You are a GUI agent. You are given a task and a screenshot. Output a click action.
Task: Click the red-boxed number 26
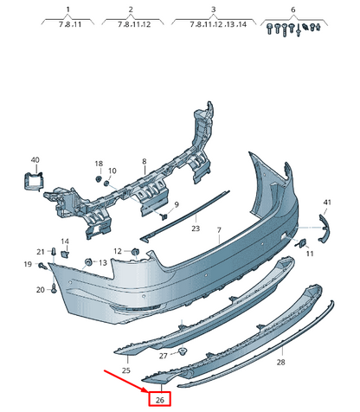point(159,399)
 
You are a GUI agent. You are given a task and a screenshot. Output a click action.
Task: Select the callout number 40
point(35,160)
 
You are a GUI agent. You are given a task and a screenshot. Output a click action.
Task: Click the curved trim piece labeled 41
point(325,229)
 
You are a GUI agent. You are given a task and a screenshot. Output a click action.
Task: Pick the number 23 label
point(196,229)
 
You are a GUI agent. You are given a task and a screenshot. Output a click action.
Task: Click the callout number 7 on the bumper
point(220,231)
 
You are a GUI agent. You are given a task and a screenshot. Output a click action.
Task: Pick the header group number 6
point(292,10)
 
